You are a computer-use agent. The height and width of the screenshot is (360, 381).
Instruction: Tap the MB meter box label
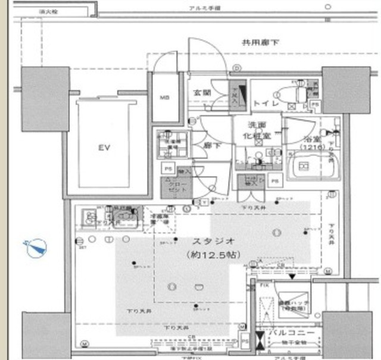point(165,99)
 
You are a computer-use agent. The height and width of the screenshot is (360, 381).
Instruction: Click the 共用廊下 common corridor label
point(260,42)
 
